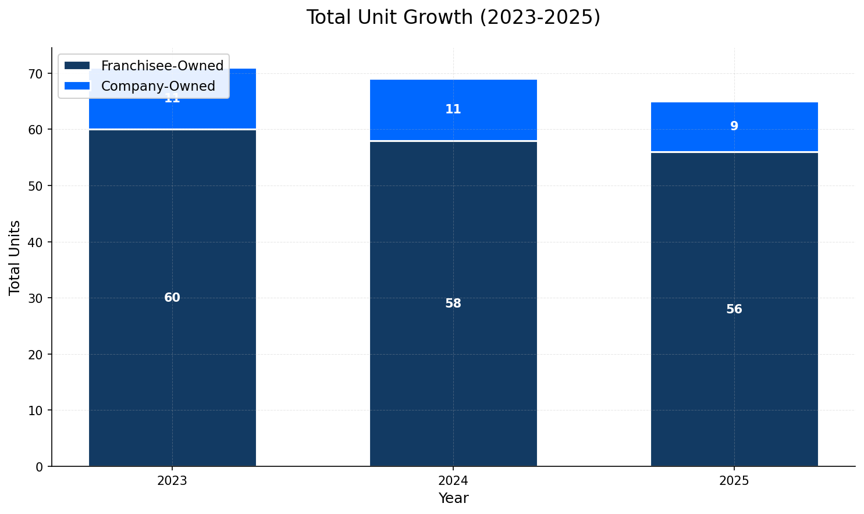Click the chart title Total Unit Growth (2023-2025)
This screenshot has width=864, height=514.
coord(453,17)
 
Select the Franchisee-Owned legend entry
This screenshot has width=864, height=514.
coord(162,66)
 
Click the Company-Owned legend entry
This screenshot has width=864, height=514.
coord(158,86)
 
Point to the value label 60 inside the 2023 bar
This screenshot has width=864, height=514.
coord(172,298)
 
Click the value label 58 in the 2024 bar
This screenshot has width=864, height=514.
coord(453,304)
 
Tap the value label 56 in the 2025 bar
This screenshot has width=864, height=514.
coord(734,309)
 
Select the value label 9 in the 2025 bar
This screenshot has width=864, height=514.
coord(734,126)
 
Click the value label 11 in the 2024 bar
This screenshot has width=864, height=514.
coord(453,109)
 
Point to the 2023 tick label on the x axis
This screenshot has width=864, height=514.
coord(172,481)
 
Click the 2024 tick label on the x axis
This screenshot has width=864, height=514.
coord(453,481)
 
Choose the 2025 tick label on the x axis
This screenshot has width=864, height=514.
coord(734,481)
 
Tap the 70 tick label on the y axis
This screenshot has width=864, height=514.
coord(35,74)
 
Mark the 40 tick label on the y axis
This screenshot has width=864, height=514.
coord(35,242)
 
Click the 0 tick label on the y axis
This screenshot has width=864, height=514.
coord(40,466)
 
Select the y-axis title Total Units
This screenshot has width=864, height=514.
coord(15,257)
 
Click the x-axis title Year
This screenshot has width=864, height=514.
coord(453,498)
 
